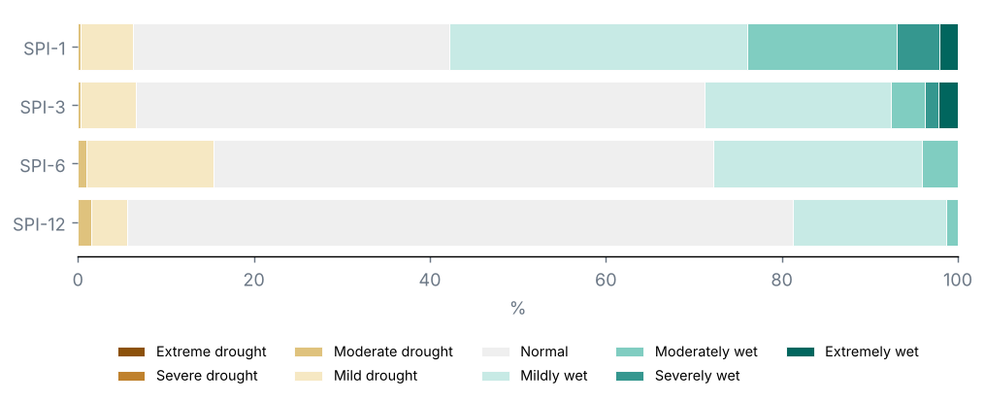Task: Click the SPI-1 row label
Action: click(x=44, y=48)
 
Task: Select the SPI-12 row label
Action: click(x=39, y=223)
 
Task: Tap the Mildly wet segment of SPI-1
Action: click(x=599, y=48)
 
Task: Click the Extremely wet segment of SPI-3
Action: click(x=948, y=106)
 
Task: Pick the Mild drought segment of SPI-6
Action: click(x=150, y=164)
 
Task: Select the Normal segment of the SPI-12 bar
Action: click(x=460, y=223)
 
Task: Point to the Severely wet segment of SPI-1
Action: click(x=918, y=48)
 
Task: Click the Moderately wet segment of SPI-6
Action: click(x=939, y=164)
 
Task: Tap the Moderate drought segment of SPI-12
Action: click(x=84, y=223)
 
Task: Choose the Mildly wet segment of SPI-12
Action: click(x=870, y=223)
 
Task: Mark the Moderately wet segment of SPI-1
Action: click(x=822, y=48)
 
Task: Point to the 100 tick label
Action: click(x=958, y=279)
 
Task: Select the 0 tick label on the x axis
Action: click(x=78, y=279)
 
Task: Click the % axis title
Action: click(x=517, y=309)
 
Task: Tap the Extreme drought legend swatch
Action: click(x=131, y=352)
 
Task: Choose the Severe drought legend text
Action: click(x=207, y=376)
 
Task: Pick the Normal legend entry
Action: click(x=525, y=352)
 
